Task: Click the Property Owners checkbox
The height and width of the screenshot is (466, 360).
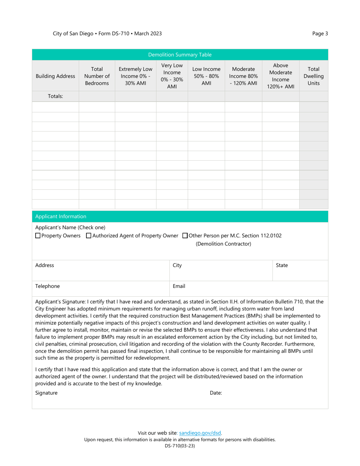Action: point(38,236)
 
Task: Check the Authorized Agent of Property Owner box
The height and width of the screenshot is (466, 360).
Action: point(89,236)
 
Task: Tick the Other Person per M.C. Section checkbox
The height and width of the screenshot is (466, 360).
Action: point(185,236)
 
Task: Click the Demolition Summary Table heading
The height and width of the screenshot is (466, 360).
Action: point(180,55)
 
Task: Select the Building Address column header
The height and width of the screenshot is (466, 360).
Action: point(55,76)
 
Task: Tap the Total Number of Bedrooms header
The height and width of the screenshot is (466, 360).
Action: point(97,76)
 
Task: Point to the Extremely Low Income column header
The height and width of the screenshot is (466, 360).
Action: point(135,76)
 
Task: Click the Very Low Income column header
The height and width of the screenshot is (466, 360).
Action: point(172,76)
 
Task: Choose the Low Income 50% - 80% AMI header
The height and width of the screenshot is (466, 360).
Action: point(206,76)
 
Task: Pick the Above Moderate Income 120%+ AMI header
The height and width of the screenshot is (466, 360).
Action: point(280,76)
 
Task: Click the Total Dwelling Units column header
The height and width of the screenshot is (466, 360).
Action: point(313,76)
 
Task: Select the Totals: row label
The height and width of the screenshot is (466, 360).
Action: point(55,96)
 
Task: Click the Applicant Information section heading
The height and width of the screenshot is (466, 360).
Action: point(61,216)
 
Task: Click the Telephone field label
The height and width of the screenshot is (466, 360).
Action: point(47,286)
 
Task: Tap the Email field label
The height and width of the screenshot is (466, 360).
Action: point(179,286)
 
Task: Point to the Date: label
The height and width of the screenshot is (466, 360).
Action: point(216,393)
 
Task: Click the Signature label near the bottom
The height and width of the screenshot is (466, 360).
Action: point(46,393)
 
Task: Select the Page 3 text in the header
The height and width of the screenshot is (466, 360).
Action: point(320,33)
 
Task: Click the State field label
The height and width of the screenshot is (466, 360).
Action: point(282,266)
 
